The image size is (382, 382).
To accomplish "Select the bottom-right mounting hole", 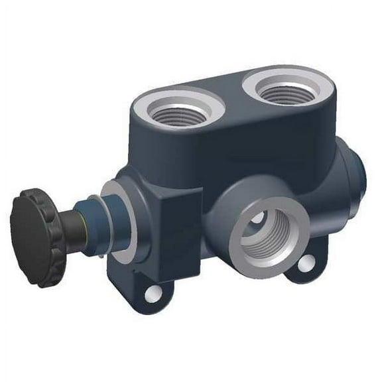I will tap(306, 264).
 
